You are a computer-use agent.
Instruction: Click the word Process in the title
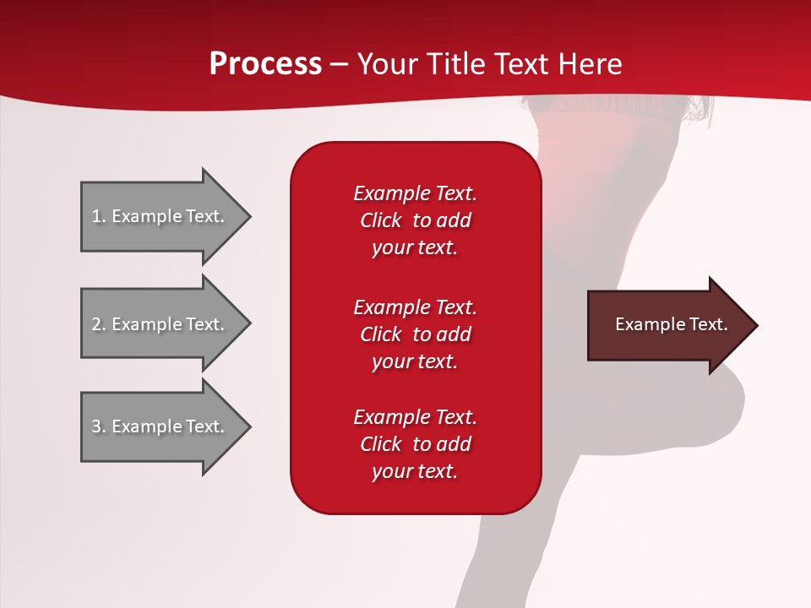pyautogui.click(x=265, y=64)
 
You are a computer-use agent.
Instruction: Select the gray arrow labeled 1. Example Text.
pyautogui.click(x=161, y=216)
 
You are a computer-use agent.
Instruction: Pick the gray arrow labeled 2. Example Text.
pyautogui.click(x=161, y=324)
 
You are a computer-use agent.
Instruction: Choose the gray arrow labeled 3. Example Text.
pyautogui.click(x=161, y=426)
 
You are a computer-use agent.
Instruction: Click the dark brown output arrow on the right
pyautogui.click(x=667, y=325)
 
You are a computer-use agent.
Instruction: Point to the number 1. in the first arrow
pyautogui.click(x=99, y=216)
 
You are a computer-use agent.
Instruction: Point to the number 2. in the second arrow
pyautogui.click(x=99, y=324)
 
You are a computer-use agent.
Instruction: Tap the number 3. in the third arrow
pyautogui.click(x=99, y=426)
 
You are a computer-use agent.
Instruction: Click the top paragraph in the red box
pyautogui.click(x=415, y=220)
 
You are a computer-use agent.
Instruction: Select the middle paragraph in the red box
pyautogui.click(x=415, y=334)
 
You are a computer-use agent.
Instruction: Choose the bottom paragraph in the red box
pyautogui.click(x=415, y=444)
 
